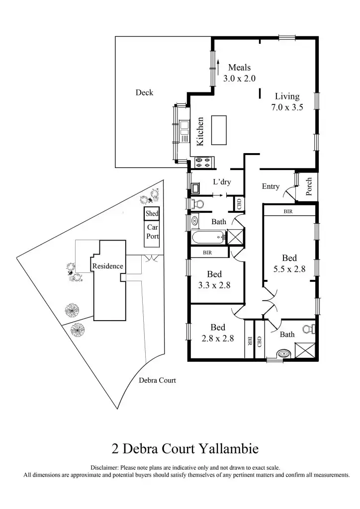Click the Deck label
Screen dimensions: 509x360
tap(144, 92)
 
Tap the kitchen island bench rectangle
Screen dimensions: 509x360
tap(218, 130)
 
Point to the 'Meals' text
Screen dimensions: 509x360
tap(239, 68)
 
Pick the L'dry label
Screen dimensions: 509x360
tap(222, 182)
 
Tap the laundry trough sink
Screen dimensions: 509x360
tap(195, 187)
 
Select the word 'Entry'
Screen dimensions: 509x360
tap(270, 186)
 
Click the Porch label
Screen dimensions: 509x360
tap(309, 186)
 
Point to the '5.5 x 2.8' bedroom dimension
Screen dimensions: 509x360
tap(289, 269)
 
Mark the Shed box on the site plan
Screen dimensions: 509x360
tap(152, 214)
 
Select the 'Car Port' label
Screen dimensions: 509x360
tap(152, 232)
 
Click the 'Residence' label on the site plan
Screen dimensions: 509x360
tap(107, 266)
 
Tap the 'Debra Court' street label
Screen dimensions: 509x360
tap(157, 381)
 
